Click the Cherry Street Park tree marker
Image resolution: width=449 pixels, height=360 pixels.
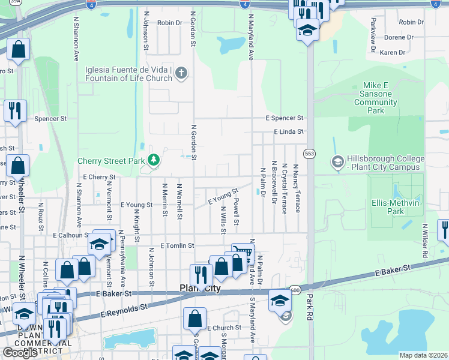coord(154,160)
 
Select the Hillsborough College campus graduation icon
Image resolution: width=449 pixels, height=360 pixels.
coord(337,161)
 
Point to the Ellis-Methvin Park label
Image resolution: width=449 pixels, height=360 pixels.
coord(395,207)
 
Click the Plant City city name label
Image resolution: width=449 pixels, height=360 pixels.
coord(200,289)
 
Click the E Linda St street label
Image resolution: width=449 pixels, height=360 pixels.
coord(289,131)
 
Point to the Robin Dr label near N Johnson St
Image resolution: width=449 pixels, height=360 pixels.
coord(170,23)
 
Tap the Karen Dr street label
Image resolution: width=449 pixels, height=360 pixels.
coord(393,53)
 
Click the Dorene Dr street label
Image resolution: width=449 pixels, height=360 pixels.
coord(399,37)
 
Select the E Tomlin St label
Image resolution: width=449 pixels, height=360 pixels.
coord(178,245)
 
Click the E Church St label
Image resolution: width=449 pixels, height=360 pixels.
coord(224,328)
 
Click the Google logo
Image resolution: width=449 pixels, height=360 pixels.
coord(20,353)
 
